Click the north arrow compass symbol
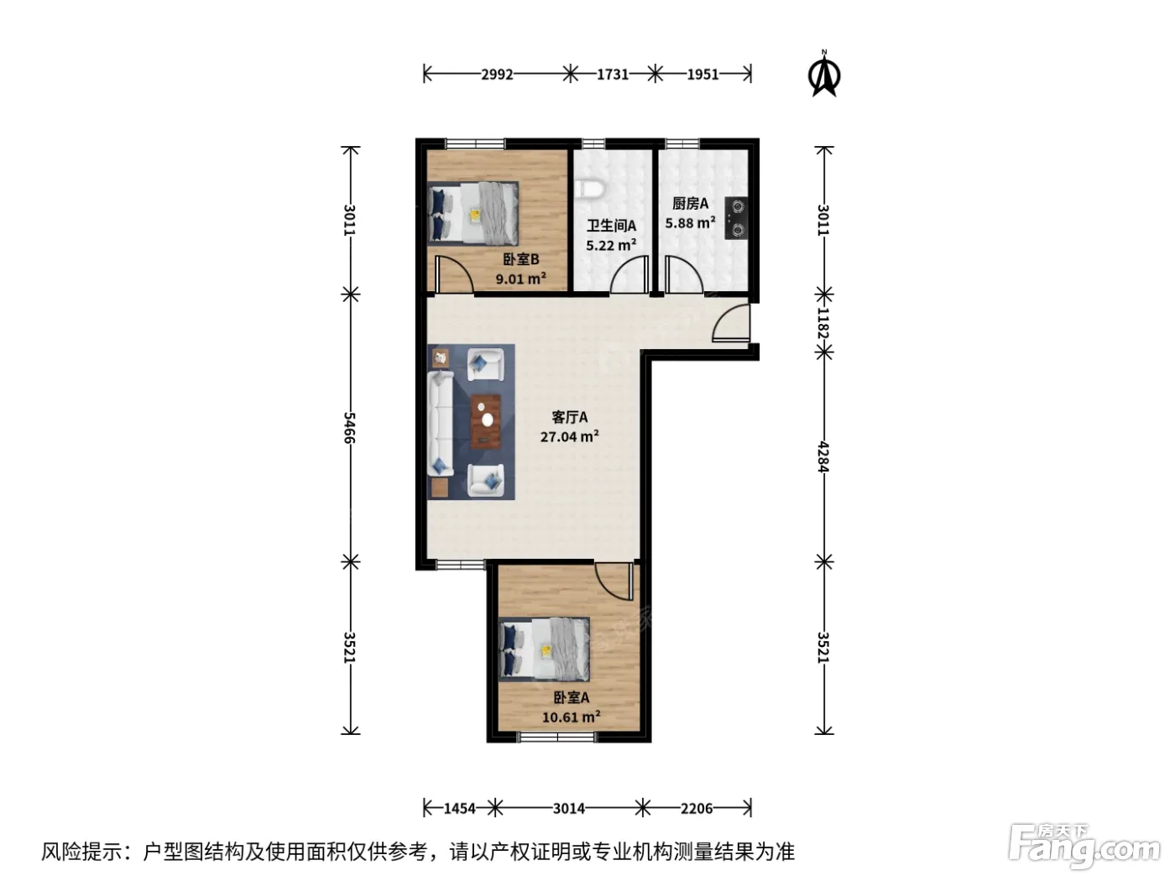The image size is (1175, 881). [824, 74]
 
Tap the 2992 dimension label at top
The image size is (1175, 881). [497, 75]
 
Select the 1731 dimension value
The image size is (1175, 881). [613, 75]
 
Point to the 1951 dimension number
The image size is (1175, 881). [702, 75]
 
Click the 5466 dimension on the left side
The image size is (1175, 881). [349, 427]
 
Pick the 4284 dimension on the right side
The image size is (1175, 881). [823, 456]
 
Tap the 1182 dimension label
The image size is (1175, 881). [823, 323]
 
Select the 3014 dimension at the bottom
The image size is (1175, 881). [569, 808]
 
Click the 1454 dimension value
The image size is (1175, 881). [459, 808]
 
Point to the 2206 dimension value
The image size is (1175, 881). [697, 808]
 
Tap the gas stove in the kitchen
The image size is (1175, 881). [737, 217]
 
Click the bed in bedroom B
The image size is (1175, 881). [473, 213]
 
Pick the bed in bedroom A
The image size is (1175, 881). [545, 649]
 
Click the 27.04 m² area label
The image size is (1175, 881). [570, 436]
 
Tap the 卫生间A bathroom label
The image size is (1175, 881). [611, 226]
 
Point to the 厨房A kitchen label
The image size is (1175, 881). [691, 203]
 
